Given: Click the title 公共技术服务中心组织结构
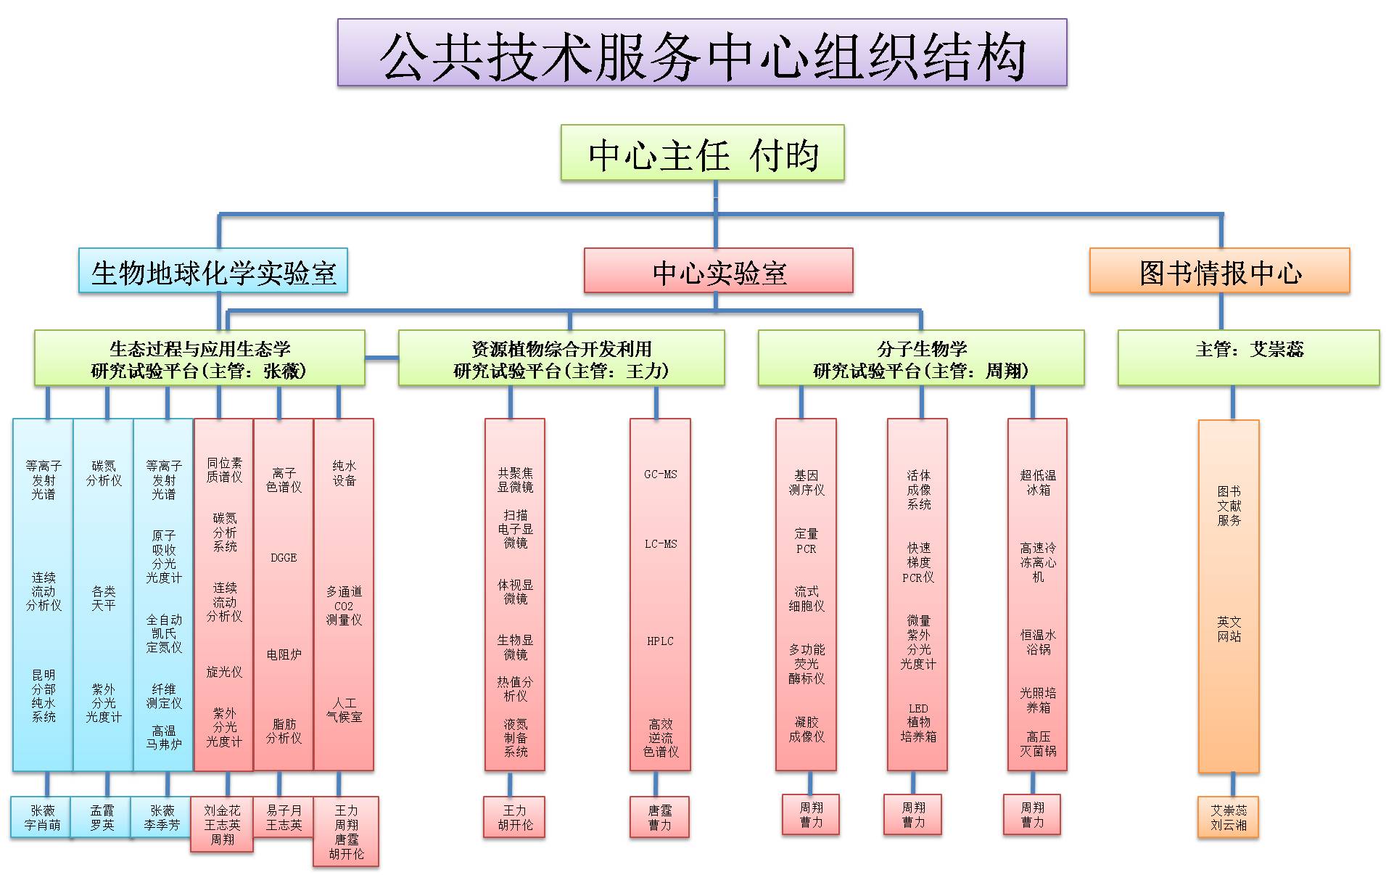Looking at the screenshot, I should click(702, 54).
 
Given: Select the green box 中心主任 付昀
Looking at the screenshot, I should click(702, 154).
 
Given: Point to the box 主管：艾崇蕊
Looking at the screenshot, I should click(1248, 358).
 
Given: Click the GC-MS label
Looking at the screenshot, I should click(660, 475).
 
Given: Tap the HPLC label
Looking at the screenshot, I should click(660, 641).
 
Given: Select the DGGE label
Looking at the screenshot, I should click(284, 558).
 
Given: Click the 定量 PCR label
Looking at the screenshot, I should click(806, 541).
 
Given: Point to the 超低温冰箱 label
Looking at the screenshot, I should click(1038, 482).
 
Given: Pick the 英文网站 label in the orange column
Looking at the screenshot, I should click(1229, 629).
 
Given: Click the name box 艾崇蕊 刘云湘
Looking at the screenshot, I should click(1228, 818).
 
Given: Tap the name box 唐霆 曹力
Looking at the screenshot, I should click(659, 818).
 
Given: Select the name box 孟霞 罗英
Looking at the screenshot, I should click(102, 818).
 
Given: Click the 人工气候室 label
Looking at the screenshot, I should click(344, 710).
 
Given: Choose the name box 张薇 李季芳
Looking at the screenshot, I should click(162, 818).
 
